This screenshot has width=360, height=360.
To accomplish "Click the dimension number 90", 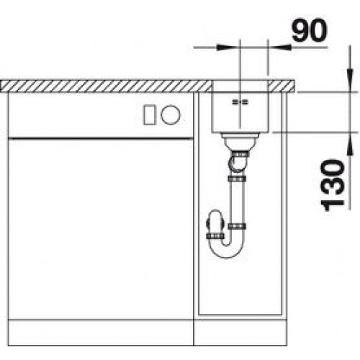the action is click(310, 30).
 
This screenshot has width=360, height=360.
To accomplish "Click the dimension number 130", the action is click(333, 185).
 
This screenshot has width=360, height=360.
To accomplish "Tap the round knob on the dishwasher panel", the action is click(171, 114).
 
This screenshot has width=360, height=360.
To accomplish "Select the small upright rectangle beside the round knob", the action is click(149, 115).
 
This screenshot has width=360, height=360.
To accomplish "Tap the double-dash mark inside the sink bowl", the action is click(240, 102).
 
